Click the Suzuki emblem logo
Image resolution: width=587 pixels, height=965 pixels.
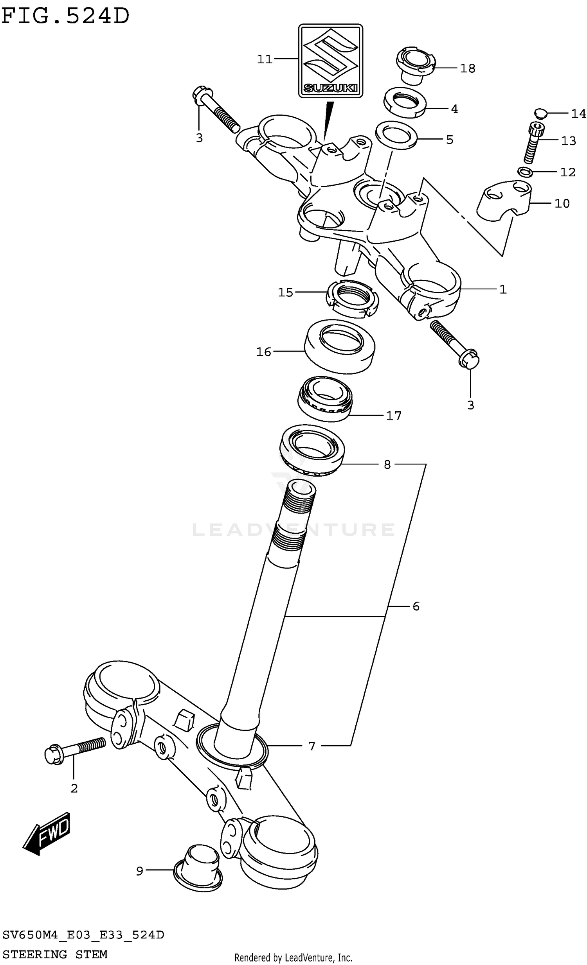331,61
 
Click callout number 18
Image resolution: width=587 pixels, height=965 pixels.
467,68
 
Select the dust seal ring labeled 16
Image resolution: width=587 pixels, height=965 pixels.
339,346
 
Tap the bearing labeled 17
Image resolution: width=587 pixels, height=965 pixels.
324,399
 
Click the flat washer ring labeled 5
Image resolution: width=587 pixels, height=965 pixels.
396,135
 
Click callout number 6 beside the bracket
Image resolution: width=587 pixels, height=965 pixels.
416,606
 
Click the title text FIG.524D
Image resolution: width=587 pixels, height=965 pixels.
65,16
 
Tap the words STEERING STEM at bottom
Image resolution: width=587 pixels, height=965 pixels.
55,954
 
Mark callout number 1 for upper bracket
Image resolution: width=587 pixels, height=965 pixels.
503,290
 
